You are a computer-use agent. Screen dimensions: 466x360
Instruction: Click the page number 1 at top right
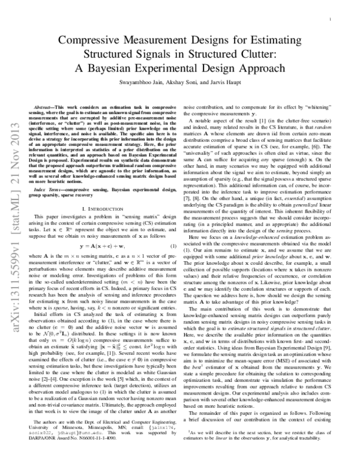331,19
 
